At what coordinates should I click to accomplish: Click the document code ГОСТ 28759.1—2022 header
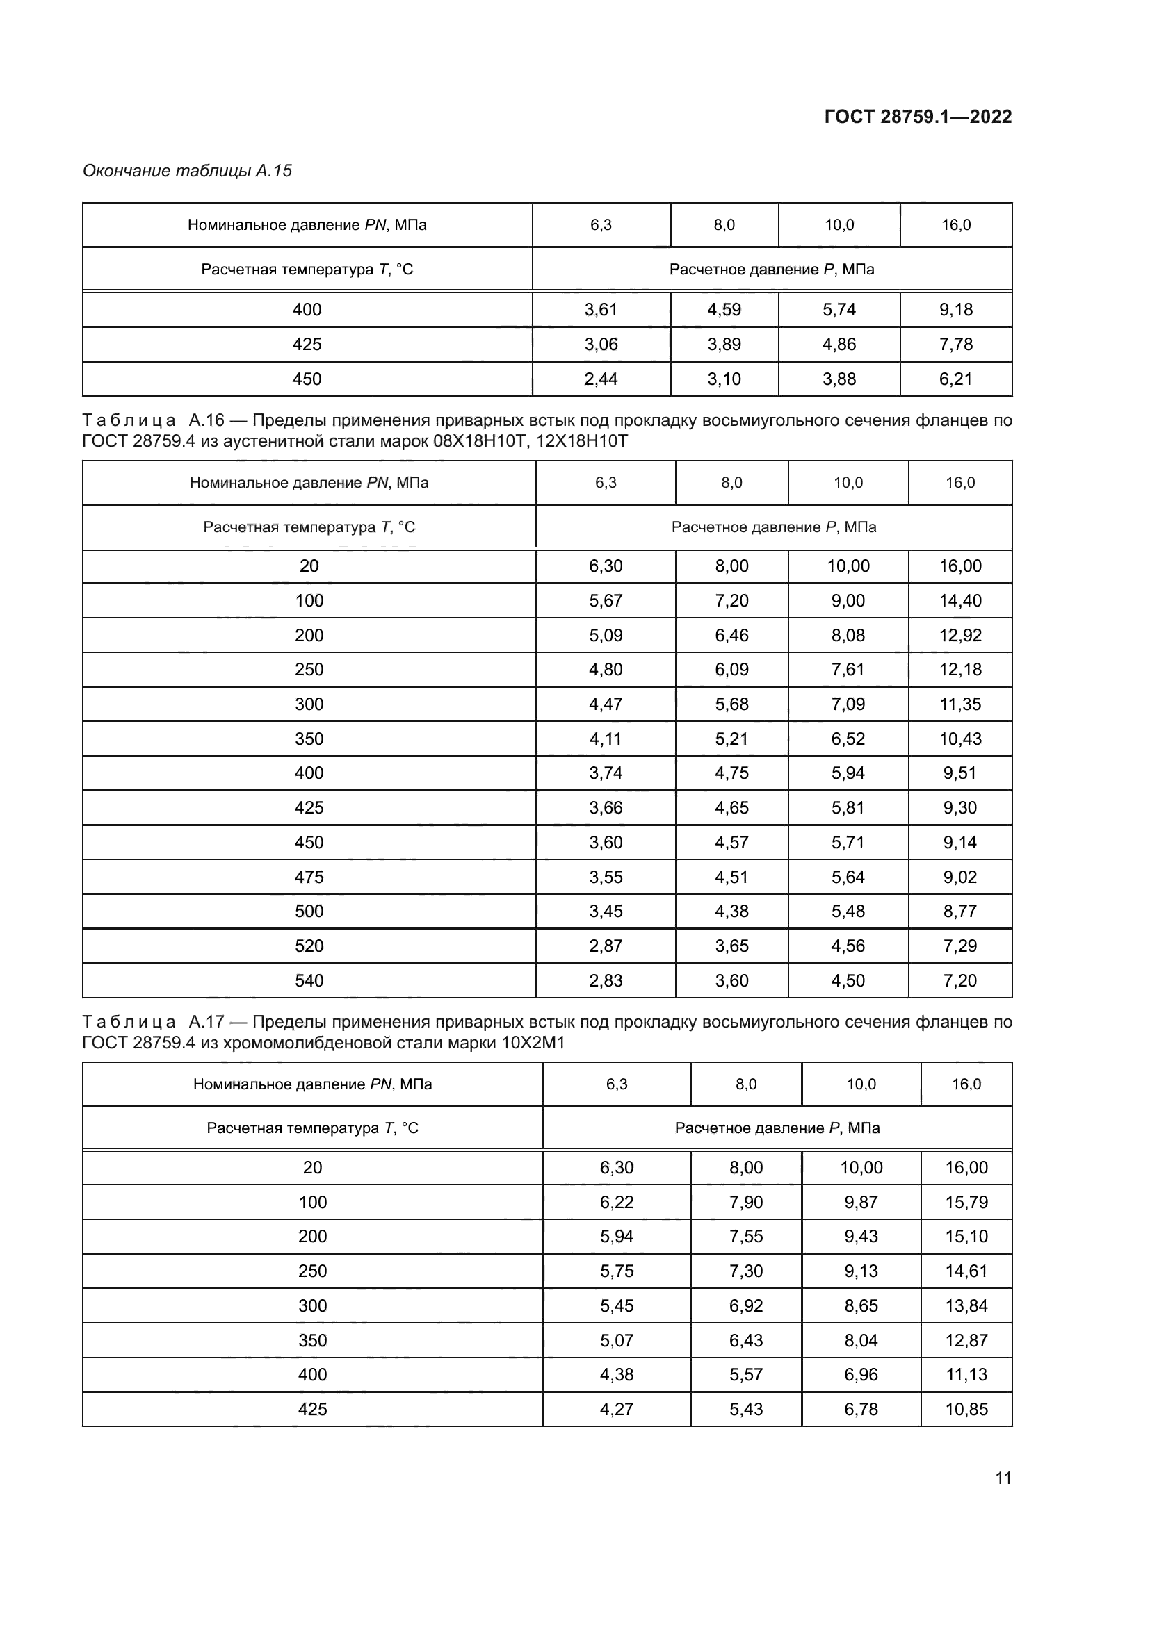click(918, 117)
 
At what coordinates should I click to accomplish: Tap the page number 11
click(1003, 1478)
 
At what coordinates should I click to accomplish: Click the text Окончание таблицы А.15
click(187, 171)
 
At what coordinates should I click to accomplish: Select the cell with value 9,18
click(955, 309)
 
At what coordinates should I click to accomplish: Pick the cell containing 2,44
click(601, 379)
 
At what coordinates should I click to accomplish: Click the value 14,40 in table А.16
click(959, 600)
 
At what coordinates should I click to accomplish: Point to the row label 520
click(309, 946)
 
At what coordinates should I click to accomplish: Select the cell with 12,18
click(959, 669)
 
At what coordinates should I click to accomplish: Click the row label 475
click(309, 877)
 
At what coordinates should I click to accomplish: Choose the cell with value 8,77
click(959, 911)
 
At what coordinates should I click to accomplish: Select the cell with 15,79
click(966, 1202)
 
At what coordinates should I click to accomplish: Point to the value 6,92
click(745, 1305)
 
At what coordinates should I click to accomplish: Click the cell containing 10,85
click(966, 1409)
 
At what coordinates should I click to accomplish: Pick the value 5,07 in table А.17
click(616, 1339)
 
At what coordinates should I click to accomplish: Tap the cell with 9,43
click(860, 1236)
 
